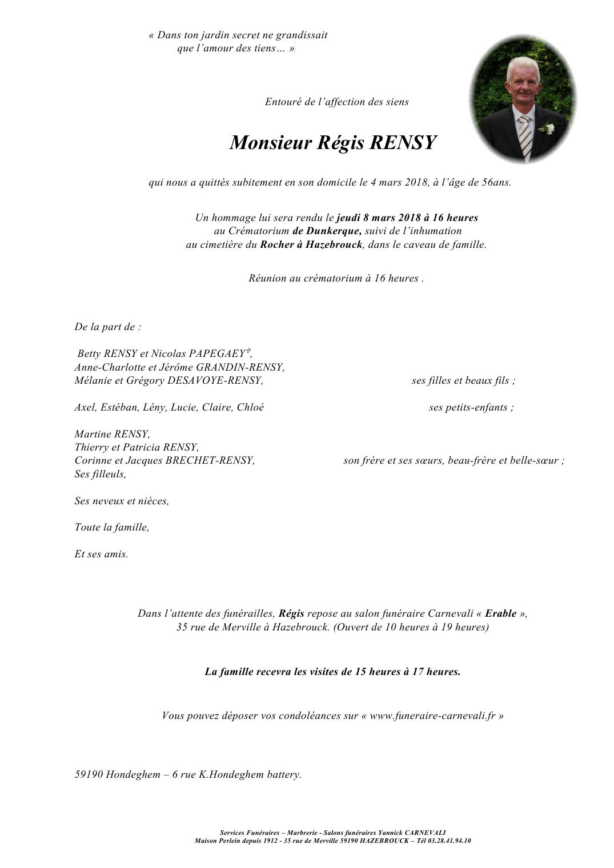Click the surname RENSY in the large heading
(403, 143)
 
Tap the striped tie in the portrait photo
(525, 137)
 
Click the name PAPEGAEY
(219, 354)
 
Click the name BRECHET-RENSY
(210, 461)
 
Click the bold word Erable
(500, 614)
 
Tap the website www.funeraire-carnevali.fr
(432, 716)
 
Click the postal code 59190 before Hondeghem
(89, 775)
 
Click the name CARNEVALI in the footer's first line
(423, 833)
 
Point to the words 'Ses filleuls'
(99, 475)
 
